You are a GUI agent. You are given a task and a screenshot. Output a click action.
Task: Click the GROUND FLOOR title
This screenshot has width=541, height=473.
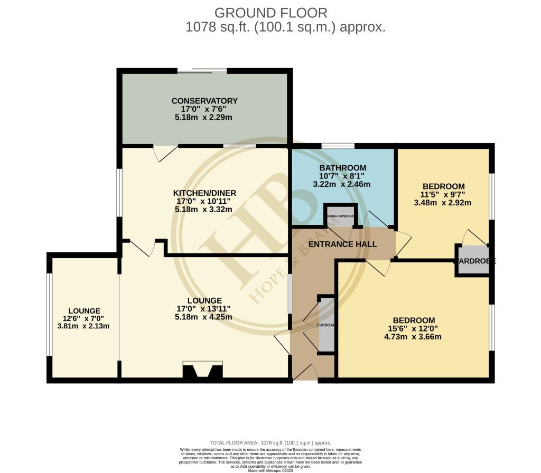pos(270,13)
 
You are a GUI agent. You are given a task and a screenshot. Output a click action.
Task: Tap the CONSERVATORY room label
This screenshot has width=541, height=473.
pos(204,101)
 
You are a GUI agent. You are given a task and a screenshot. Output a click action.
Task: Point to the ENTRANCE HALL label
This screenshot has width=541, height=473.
pos(342,244)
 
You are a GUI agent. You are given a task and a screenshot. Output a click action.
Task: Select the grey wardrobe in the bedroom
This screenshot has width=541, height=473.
pos(473,260)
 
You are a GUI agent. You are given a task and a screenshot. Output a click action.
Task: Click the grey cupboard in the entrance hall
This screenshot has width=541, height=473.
pos(327,325)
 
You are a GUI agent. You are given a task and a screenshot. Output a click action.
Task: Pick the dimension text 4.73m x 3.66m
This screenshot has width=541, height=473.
pos(413,337)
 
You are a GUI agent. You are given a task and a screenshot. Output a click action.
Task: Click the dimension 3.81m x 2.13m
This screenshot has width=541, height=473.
pos(83,326)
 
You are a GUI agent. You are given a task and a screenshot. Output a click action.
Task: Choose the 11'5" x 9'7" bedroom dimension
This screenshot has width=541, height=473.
pos(443,194)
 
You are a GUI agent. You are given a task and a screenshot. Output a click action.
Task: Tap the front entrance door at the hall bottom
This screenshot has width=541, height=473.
pos(305,374)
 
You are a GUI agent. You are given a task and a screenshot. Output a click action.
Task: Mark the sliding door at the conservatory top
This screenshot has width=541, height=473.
pos(202,71)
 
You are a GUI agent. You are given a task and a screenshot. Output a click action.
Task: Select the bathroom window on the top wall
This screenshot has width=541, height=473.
pos(338,146)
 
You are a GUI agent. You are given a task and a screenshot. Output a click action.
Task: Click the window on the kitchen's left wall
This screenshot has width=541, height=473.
pos(120,192)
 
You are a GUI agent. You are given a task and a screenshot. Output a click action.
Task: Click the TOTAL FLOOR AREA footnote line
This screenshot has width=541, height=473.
pos(270,442)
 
